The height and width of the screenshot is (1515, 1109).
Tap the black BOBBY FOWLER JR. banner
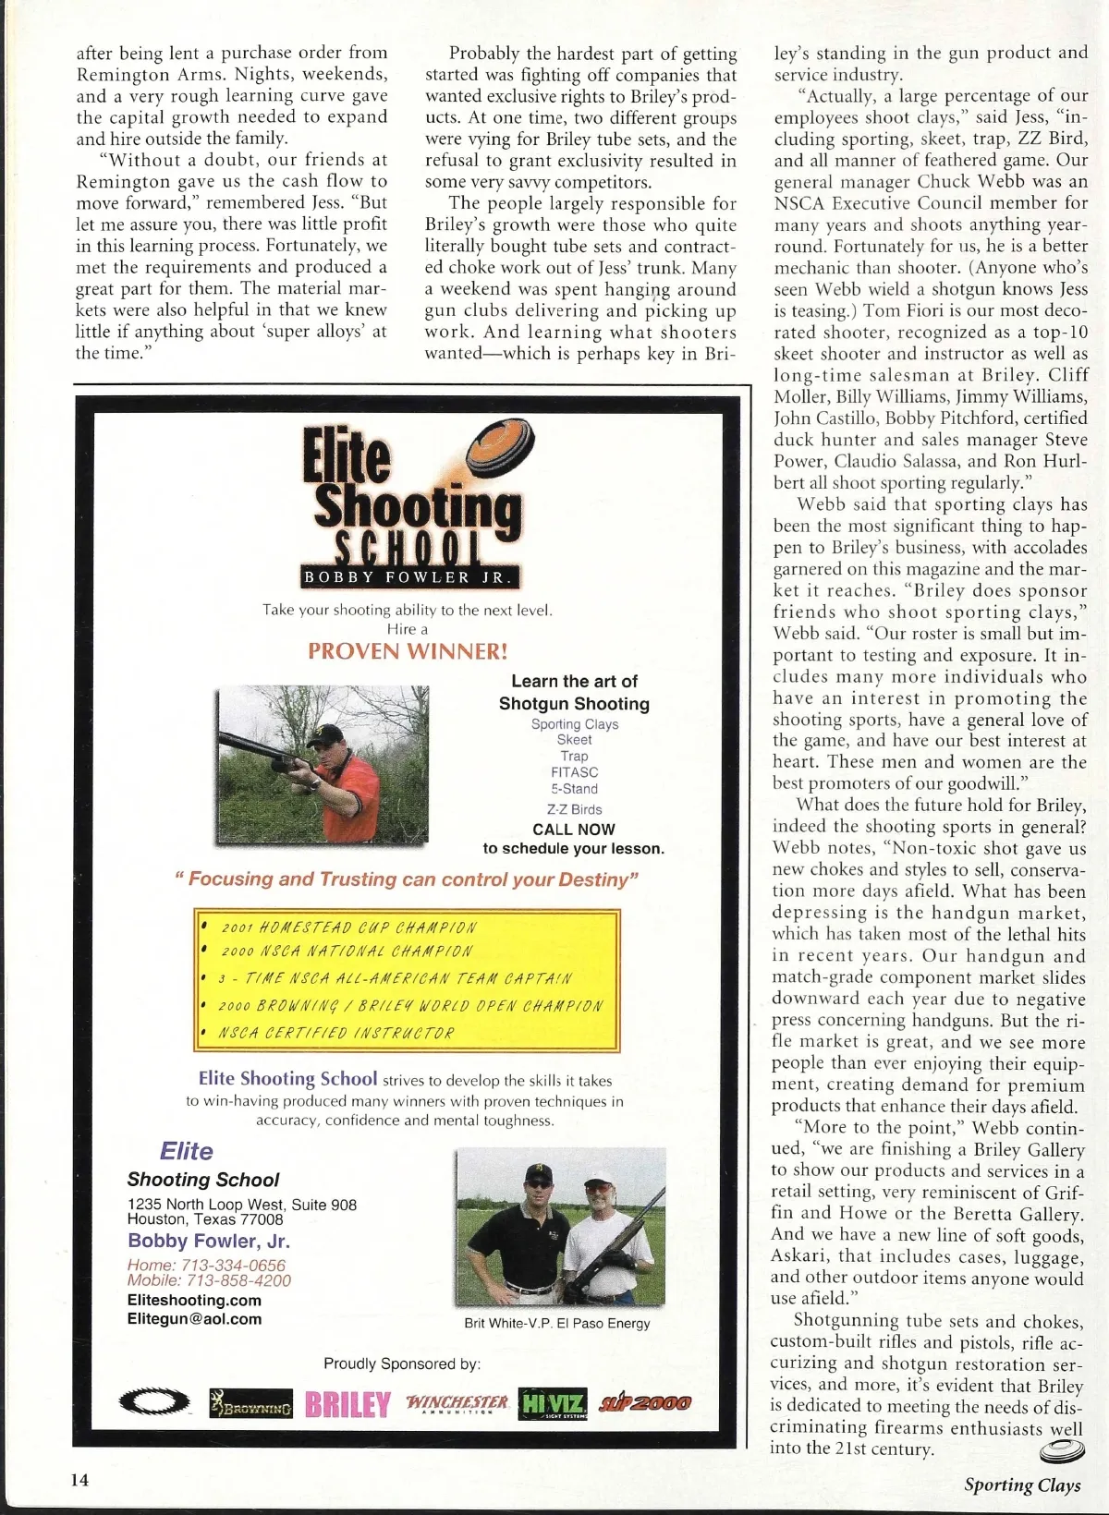click(x=410, y=577)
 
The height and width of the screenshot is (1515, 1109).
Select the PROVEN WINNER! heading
click(x=408, y=651)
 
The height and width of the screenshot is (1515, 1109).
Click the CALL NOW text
click(x=573, y=830)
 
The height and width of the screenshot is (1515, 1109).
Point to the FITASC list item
click(x=574, y=772)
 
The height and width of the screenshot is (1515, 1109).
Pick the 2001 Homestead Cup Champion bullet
click(x=349, y=927)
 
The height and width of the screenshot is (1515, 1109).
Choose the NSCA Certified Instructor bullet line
click(x=335, y=1033)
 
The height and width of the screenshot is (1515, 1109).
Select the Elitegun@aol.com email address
click(x=194, y=1319)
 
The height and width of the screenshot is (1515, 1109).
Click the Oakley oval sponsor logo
click(x=155, y=1403)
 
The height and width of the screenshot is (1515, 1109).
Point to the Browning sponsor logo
click(x=250, y=1404)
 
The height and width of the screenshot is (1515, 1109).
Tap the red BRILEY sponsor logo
click(x=347, y=1404)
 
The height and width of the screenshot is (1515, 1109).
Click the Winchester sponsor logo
click(x=457, y=1404)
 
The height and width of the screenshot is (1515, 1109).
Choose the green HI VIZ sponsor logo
click(x=553, y=1403)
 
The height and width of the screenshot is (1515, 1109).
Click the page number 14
click(x=80, y=1479)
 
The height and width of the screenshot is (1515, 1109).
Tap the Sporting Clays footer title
click(x=1022, y=1485)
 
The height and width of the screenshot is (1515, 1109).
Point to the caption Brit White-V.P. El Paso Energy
click(x=556, y=1323)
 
